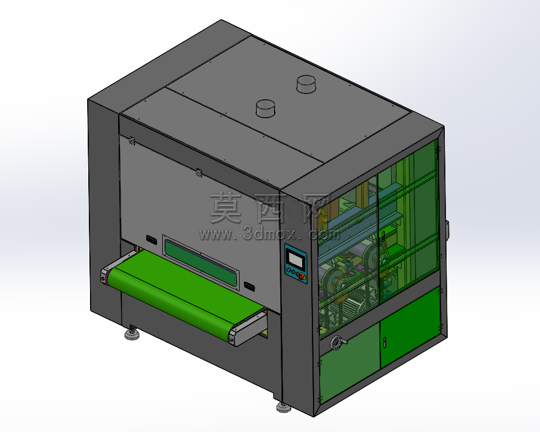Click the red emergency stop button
click(x=302, y=276)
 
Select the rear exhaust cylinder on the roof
click(x=306, y=84)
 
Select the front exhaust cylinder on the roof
click(x=265, y=109)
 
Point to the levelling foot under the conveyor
click(x=131, y=333)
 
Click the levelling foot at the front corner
click(x=284, y=407)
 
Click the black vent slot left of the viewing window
click(x=151, y=240)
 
